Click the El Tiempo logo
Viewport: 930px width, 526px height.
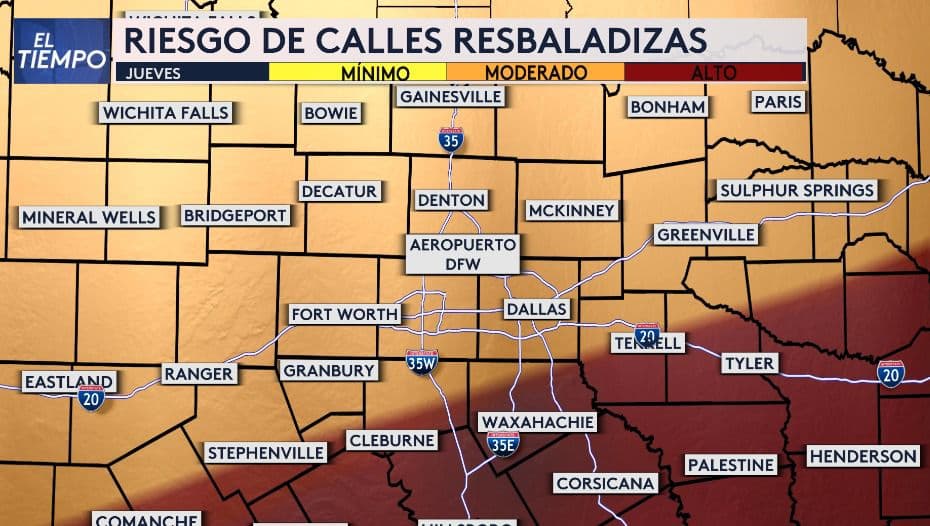(62, 50)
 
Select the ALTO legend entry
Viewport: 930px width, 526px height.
(714, 72)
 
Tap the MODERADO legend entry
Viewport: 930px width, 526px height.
(535, 72)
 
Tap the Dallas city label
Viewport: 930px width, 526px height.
(537, 309)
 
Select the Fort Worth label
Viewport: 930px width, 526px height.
(344, 314)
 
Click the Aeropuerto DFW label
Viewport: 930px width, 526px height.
(463, 253)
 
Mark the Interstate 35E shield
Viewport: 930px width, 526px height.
(503, 442)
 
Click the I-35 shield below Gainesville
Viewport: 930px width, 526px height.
(451, 139)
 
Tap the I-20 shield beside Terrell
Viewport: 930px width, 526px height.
(647, 334)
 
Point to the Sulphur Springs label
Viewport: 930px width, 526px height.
(797, 190)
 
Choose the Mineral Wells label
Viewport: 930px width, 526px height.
(89, 217)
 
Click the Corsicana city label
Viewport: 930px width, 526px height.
(605, 483)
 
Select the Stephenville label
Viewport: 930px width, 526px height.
(266, 452)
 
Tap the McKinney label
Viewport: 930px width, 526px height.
(572, 210)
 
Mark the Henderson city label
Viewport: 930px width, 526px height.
(862, 456)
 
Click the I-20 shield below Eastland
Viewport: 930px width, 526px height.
(91, 398)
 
